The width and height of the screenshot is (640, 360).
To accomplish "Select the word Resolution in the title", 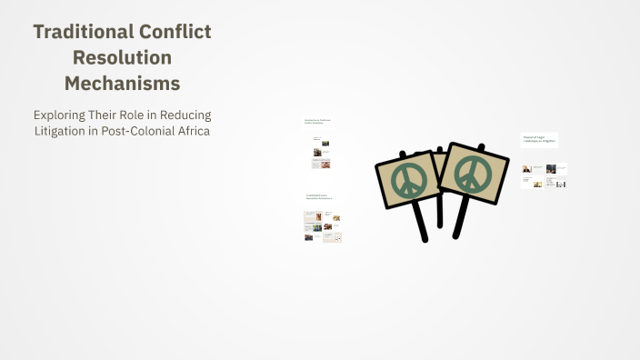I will (122, 57).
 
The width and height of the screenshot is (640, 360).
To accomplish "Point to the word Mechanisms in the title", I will (122, 84).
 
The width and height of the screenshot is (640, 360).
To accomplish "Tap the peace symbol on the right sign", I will (473, 175).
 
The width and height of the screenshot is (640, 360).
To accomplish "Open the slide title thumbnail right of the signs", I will (539, 140).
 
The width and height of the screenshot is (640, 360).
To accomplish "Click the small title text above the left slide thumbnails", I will (317, 121).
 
